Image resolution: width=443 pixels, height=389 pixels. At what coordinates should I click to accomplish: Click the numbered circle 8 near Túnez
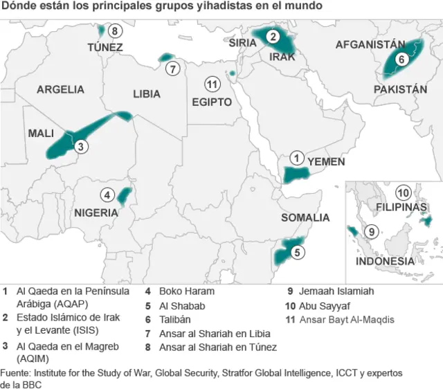[115, 30]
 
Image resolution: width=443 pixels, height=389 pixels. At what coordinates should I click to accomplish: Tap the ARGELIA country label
[60, 89]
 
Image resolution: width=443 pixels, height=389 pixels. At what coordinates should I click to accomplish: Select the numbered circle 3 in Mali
[81, 146]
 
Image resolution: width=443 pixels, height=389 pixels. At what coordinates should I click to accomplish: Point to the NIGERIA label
[96, 212]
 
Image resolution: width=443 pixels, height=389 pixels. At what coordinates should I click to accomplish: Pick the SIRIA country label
[242, 42]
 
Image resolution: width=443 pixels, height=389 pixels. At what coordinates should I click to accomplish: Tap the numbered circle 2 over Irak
[273, 37]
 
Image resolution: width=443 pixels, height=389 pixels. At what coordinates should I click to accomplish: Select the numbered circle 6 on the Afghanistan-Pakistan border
[401, 60]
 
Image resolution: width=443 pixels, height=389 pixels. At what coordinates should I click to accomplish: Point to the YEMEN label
[326, 161]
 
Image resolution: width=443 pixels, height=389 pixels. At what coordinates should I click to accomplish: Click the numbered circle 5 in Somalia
[297, 253]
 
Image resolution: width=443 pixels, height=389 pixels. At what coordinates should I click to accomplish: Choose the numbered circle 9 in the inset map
[372, 232]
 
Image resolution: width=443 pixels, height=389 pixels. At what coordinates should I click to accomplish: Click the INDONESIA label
[385, 262]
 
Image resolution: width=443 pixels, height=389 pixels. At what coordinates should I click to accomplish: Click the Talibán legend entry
[177, 319]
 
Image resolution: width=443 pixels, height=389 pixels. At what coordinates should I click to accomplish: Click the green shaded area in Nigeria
[124, 197]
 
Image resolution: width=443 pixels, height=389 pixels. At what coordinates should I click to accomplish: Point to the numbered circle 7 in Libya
[173, 69]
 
